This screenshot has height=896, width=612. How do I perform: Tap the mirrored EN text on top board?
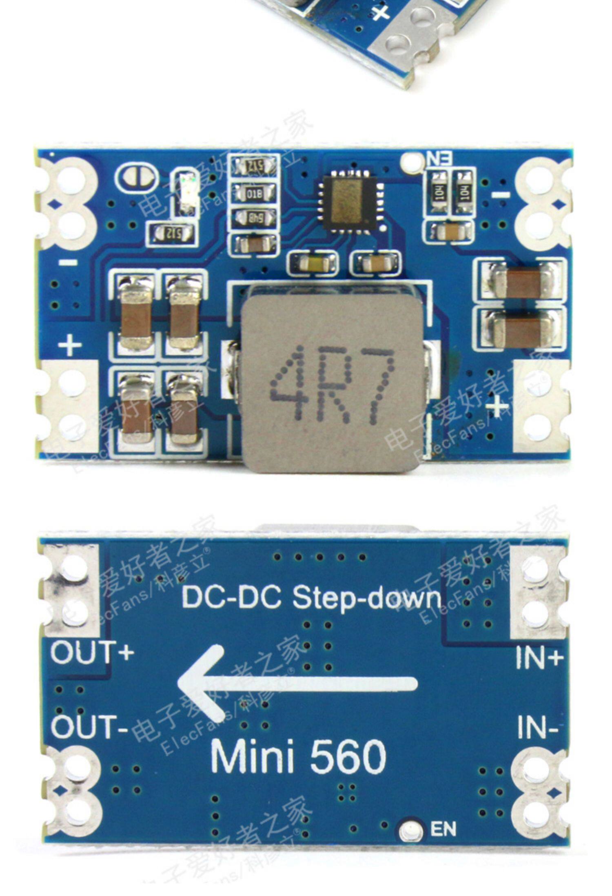[x=439, y=157]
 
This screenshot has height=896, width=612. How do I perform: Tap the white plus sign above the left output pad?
[x=70, y=345]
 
